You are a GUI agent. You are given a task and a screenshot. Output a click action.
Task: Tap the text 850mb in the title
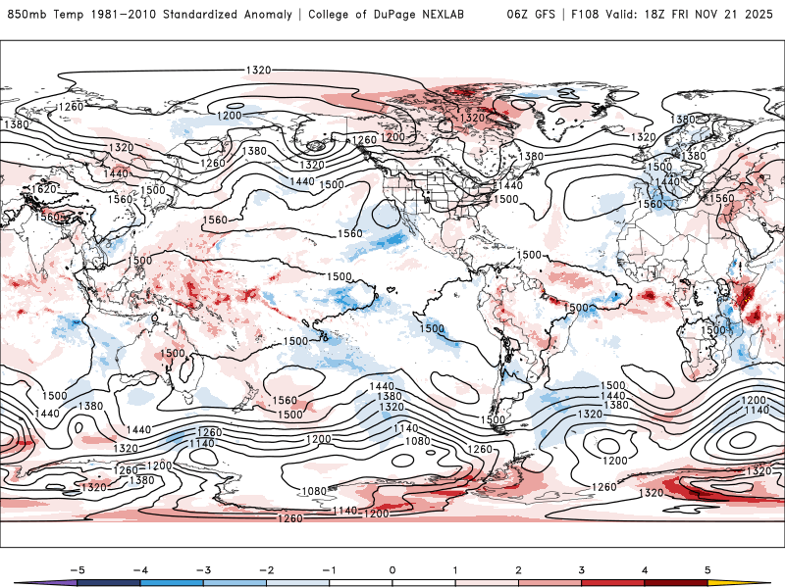click(25, 15)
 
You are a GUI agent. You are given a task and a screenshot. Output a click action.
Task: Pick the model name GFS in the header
click(544, 15)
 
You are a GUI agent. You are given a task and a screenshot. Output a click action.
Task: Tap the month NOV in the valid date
click(722, 15)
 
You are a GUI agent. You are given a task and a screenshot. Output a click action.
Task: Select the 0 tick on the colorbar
click(392, 568)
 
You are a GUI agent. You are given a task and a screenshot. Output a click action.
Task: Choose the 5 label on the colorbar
click(707, 568)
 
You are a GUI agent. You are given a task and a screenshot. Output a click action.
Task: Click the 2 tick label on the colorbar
click(518, 568)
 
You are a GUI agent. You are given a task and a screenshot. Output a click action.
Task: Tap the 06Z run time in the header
click(518, 15)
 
